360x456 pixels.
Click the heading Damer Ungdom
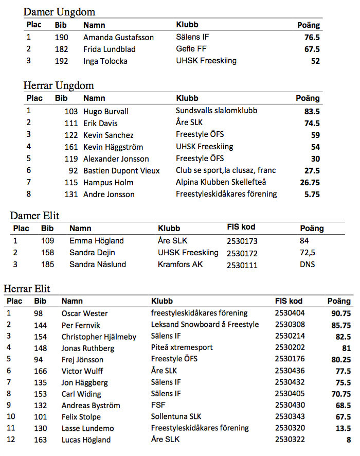[x=59, y=12]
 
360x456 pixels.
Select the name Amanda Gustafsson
[x=118, y=38]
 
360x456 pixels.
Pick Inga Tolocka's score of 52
[x=315, y=61]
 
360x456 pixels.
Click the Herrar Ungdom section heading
[x=59, y=85]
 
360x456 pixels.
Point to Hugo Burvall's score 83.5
[x=312, y=112]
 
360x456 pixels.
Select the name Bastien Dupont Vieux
[x=121, y=171]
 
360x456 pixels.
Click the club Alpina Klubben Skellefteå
[x=221, y=182]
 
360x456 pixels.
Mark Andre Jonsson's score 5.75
[x=312, y=195]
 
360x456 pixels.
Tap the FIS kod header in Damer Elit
[x=241, y=227]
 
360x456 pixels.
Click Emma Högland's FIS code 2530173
[x=242, y=241]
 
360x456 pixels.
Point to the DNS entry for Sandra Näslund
[x=307, y=265]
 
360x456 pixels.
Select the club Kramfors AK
[x=181, y=265]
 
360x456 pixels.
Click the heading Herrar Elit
[x=27, y=289]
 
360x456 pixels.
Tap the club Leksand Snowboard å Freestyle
[x=205, y=325]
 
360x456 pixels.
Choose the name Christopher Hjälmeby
[x=99, y=337]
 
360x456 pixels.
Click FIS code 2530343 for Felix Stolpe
[x=291, y=417]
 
